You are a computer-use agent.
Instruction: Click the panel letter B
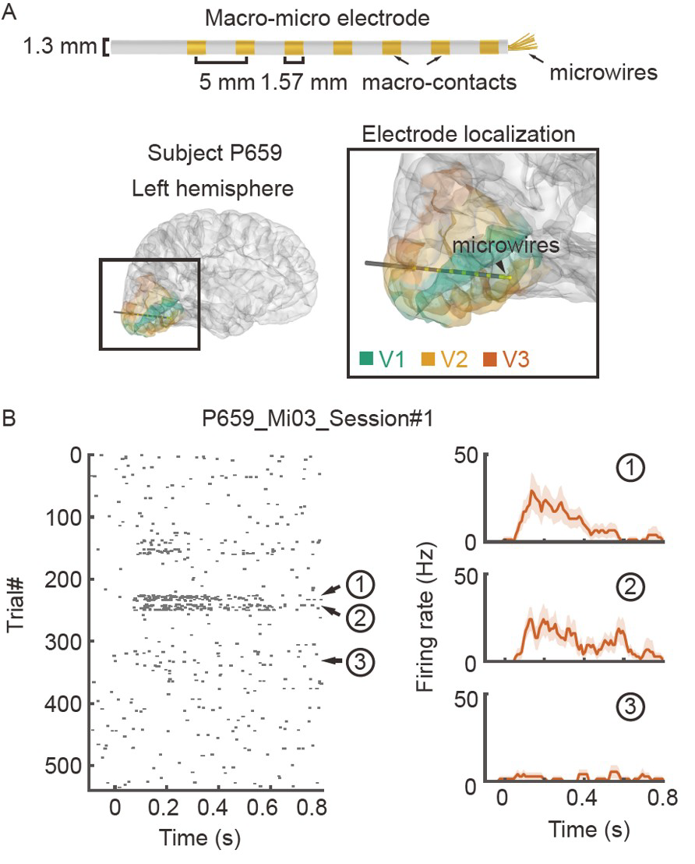click(9, 419)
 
